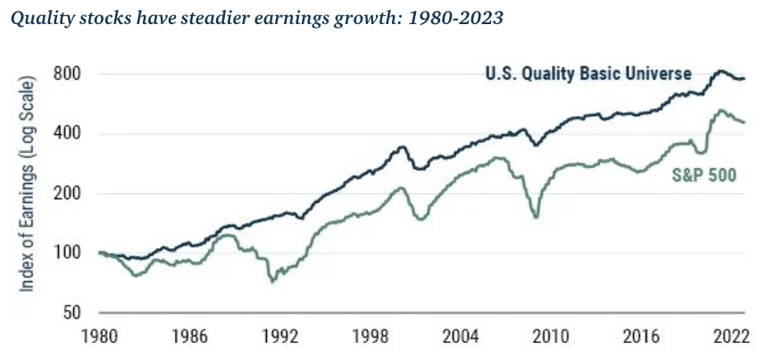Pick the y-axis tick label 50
click(x=75, y=314)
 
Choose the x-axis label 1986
click(x=190, y=339)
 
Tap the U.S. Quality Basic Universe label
click(x=588, y=75)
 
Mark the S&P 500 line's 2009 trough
click(x=536, y=216)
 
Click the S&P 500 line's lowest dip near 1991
click(x=272, y=281)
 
